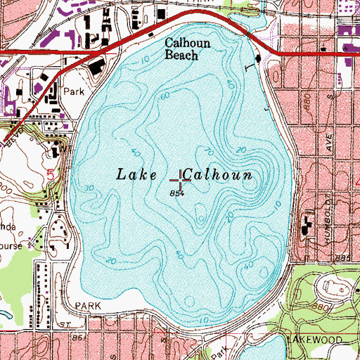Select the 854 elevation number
176,193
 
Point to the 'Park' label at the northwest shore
73,91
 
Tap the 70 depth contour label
207,150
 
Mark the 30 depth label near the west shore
89,188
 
